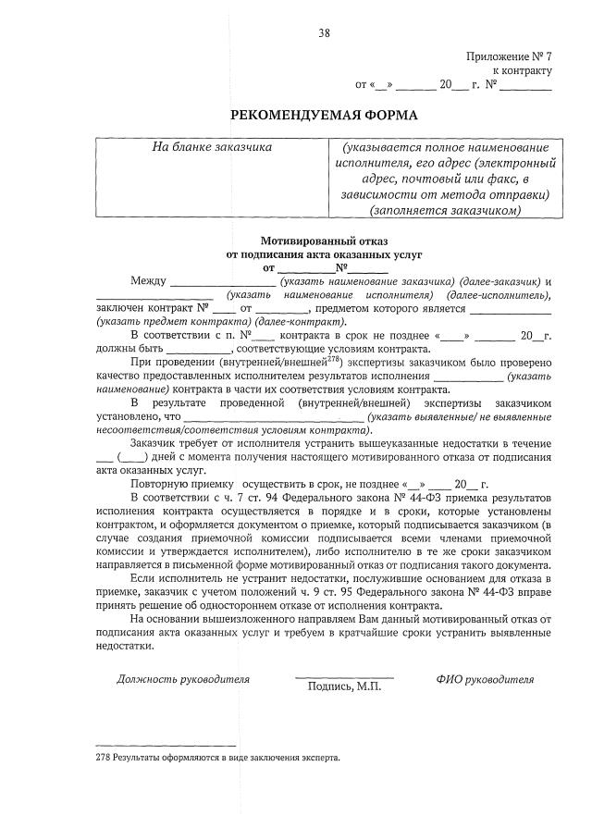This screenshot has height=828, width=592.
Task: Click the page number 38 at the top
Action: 325,33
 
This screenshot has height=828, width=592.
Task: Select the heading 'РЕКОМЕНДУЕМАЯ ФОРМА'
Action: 324,115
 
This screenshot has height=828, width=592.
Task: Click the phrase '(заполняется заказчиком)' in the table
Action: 444,211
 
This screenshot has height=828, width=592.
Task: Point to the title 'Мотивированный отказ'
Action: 324,240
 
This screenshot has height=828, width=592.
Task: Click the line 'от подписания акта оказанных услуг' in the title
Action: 324,253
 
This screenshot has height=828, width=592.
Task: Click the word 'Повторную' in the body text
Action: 160,485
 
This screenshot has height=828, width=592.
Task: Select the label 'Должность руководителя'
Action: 183,679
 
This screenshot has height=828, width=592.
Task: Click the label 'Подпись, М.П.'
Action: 344,686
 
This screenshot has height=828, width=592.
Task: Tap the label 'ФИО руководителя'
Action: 485,679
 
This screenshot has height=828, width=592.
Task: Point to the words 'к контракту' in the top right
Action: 522,70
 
